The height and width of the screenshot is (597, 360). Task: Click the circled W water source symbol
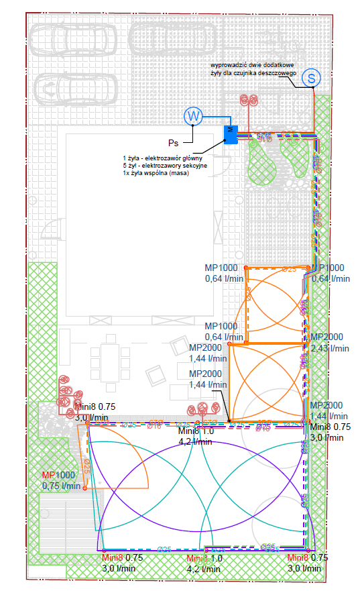pyautogui.click(x=194, y=117)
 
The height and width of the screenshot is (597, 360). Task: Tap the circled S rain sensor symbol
pyautogui.click(x=310, y=78)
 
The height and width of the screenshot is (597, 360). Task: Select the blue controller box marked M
pyautogui.click(x=230, y=133)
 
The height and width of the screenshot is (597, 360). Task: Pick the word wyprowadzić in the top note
pyautogui.click(x=226, y=65)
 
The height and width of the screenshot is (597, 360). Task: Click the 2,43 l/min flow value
pyautogui.click(x=330, y=348)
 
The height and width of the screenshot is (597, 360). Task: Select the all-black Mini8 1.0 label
pyautogui.click(x=196, y=431)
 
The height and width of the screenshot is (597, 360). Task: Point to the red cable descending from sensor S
pyautogui.click(x=312, y=107)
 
